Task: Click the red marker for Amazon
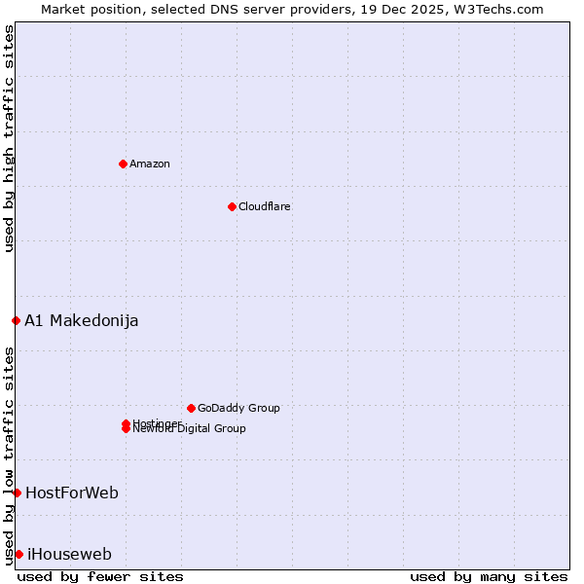[123, 164]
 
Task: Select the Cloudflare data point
[232, 206]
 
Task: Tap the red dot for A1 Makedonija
[16, 320]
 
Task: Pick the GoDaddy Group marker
[191, 408]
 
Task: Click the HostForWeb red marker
[17, 493]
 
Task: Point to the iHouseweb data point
[18, 554]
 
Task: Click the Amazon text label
[150, 164]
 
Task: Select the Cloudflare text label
[265, 206]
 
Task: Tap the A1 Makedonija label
[82, 320]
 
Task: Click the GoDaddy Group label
[238, 408]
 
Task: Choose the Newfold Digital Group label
[190, 429]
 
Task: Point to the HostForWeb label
[72, 493]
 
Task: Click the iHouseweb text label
[69, 554]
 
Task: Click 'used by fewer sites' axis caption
[100, 576]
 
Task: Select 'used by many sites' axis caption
[489, 576]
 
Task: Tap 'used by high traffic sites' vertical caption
[9, 138]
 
